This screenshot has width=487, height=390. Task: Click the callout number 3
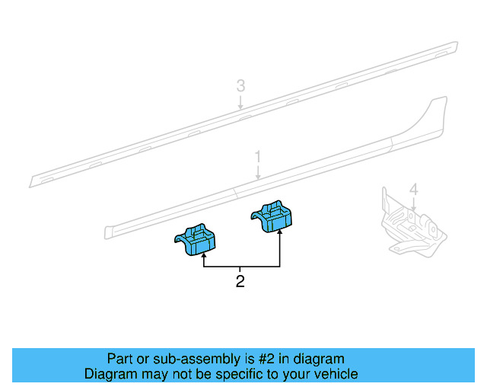coord(240,86)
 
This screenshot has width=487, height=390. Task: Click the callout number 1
coord(258,157)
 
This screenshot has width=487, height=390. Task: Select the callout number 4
coord(413,189)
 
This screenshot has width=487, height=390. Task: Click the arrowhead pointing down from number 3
coord(240,110)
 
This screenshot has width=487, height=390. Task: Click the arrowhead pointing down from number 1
coord(258,178)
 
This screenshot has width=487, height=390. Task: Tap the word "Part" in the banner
coord(120,359)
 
